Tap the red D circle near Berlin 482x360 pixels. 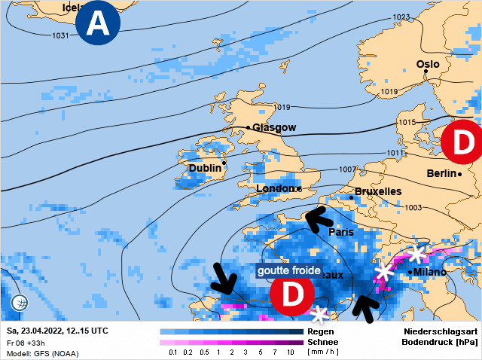[x=461, y=141]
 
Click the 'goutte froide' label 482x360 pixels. [x=289, y=270]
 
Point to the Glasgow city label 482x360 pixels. [x=274, y=128]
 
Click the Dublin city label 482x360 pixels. [x=205, y=168]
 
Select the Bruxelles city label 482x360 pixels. [x=377, y=192]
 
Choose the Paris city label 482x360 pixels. [x=340, y=233]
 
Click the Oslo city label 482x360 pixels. [x=428, y=65]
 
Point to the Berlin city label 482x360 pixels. [x=442, y=173]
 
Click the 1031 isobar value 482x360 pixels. [x=61, y=35]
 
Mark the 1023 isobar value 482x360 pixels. [x=401, y=17]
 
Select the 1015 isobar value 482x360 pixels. [x=407, y=122]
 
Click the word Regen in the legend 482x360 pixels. [x=321, y=331]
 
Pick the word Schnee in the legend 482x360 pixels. [x=322, y=342]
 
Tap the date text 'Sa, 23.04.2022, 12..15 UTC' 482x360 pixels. [x=57, y=331]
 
